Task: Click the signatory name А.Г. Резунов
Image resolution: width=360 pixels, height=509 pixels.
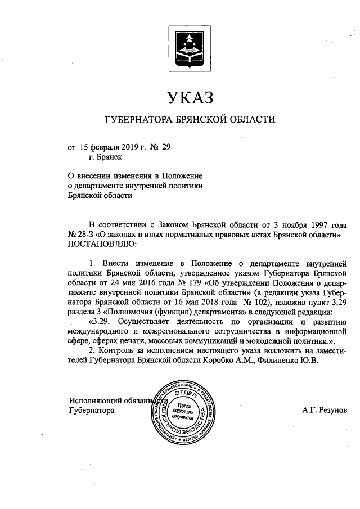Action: pos(325,411)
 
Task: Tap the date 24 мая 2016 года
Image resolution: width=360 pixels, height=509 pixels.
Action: pos(124,282)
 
